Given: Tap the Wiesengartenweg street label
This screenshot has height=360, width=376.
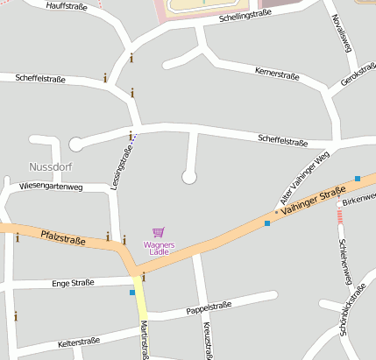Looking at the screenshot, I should [x=51, y=187].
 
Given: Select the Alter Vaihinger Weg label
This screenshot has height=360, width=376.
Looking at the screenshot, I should [x=303, y=179].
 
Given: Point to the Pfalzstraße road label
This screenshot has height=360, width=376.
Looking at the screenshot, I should [x=62, y=236].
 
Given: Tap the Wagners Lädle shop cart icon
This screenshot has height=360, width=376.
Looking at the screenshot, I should [x=159, y=232].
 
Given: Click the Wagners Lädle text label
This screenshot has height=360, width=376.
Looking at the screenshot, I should [x=160, y=248].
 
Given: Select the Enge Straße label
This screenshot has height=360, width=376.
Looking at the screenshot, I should [x=73, y=283].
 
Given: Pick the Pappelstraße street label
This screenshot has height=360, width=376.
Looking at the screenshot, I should [x=209, y=307].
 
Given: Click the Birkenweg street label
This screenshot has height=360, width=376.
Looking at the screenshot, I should [x=359, y=199].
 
